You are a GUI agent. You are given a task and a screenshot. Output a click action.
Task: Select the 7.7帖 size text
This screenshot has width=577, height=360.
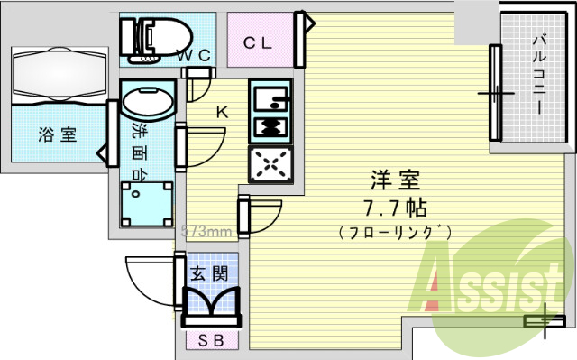point(394,207)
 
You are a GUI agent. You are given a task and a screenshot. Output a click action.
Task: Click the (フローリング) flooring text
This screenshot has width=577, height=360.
point(395,233)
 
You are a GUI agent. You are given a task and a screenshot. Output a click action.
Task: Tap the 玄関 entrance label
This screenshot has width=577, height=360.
point(207,272)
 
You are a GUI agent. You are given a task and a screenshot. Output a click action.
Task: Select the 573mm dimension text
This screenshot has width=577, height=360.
point(208,230)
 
